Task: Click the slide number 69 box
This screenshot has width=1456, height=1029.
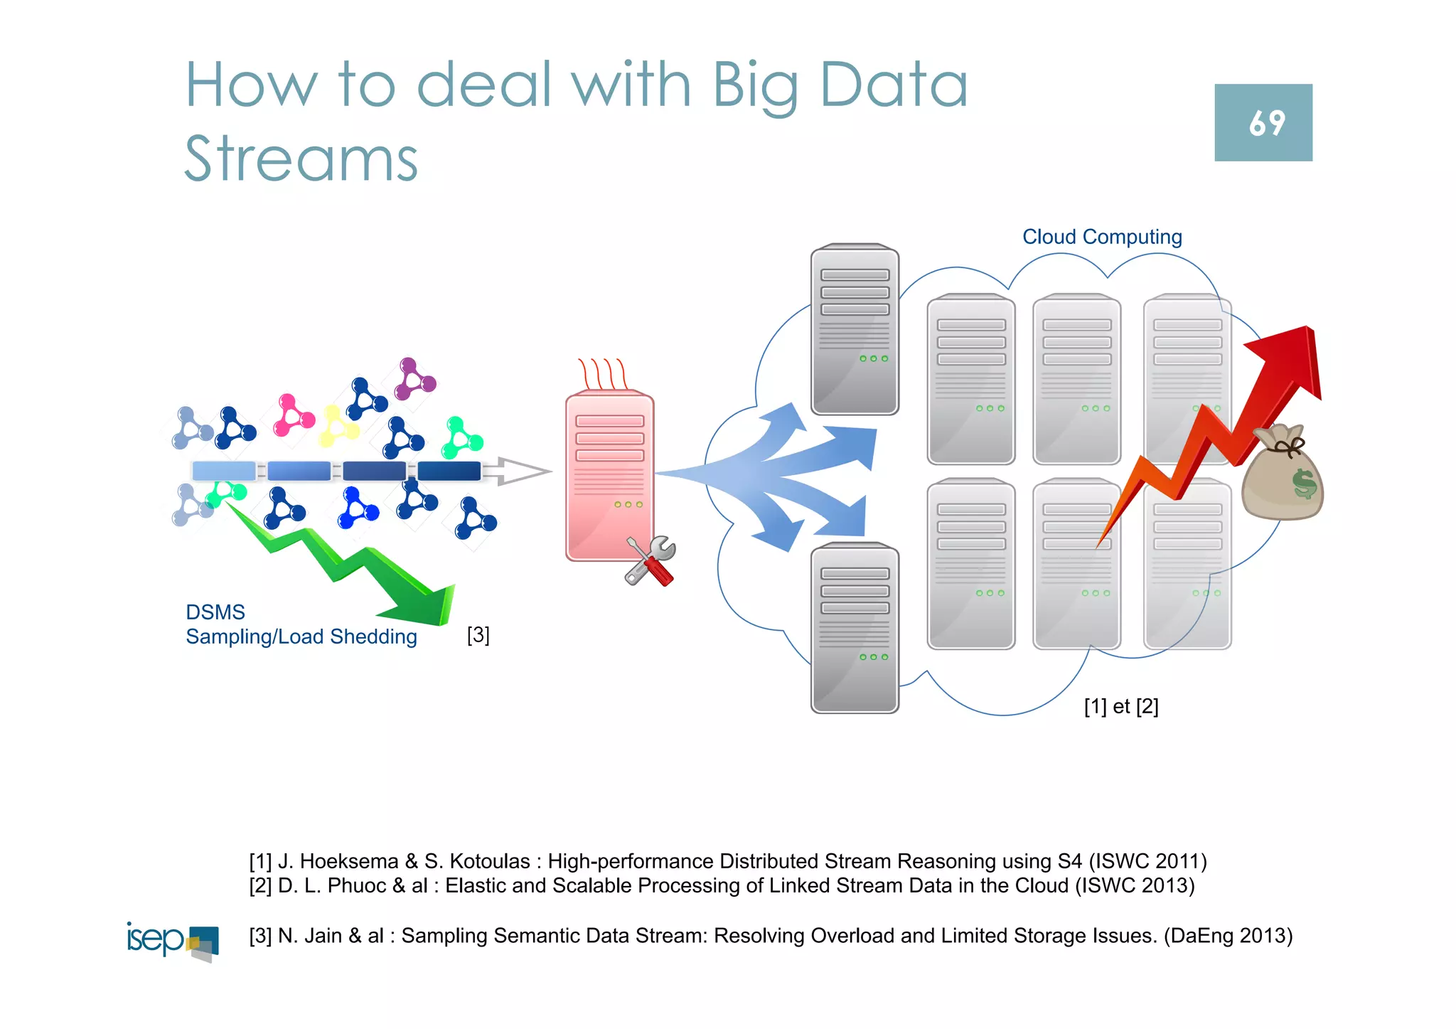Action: [x=1263, y=122]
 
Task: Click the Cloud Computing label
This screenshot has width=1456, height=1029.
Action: [x=1101, y=237]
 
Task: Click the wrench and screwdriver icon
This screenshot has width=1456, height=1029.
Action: [x=650, y=561]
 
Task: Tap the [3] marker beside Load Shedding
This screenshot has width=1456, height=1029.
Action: [x=478, y=634]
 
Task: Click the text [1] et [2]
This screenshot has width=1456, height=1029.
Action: [x=1120, y=706]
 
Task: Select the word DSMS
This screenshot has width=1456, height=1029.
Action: [x=215, y=612]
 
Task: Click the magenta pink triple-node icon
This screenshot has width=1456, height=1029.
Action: [x=293, y=415]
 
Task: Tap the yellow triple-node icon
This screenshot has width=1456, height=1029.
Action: [x=337, y=426]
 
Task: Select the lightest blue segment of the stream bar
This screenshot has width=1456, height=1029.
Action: [x=223, y=471]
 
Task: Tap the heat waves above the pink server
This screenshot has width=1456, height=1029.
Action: [x=602, y=373]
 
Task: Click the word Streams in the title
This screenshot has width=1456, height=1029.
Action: [x=301, y=159]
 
